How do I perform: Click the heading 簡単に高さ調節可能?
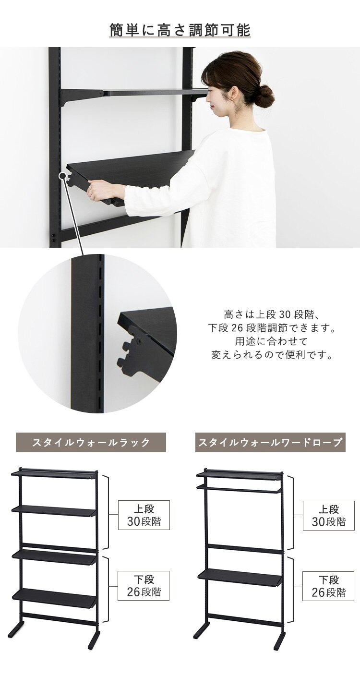click(x=180, y=30)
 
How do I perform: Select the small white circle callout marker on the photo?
click(x=62, y=176)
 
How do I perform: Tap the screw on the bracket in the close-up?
click(x=139, y=340)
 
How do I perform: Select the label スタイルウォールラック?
click(x=91, y=442)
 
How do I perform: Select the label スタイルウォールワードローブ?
click(x=271, y=442)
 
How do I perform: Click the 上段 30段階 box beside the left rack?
click(x=144, y=515)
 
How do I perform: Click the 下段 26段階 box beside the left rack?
click(x=144, y=585)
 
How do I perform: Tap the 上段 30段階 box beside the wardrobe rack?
click(x=328, y=515)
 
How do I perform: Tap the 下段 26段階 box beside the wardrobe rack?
click(x=328, y=585)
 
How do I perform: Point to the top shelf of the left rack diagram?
click(x=53, y=474)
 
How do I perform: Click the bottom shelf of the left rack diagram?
click(x=54, y=598)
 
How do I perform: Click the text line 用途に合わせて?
click(x=272, y=342)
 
